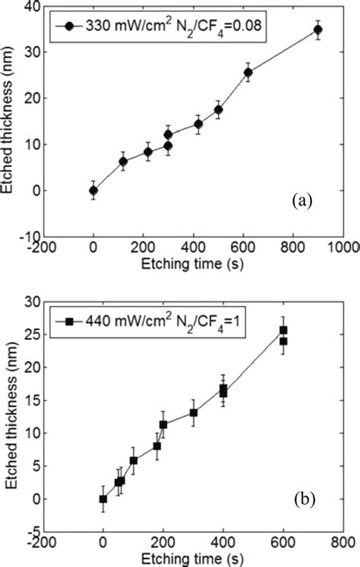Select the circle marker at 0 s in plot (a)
click(x=93, y=191)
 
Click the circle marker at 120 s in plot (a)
click(x=123, y=161)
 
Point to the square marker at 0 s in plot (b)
click(x=103, y=499)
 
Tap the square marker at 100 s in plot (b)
click(x=134, y=461)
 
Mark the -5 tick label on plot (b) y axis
click(x=34, y=531)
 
